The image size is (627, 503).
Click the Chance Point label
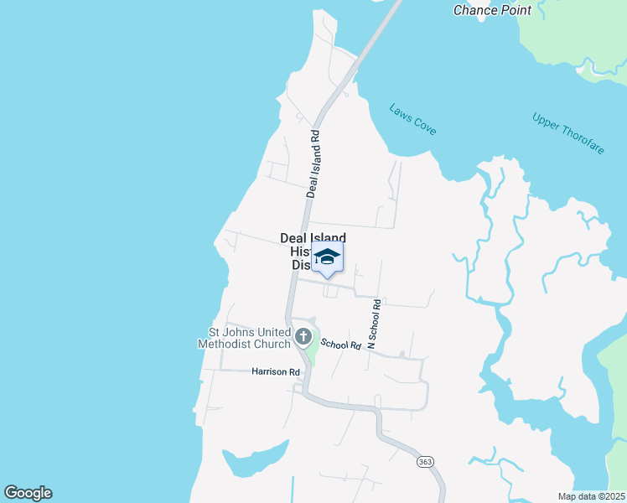coord(492,10)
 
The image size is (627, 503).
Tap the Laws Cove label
coord(412,119)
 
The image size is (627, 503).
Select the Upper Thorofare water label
coord(567,132)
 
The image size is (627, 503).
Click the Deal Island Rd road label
coord(313,163)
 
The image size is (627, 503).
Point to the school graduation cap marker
coord(327,257)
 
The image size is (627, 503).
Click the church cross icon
coord(303,338)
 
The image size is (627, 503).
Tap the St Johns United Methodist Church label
coord(244,338)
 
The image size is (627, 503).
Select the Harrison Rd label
coord(275,371)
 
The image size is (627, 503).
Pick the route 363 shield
coord(425,462)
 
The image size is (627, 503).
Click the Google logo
coord(28,493)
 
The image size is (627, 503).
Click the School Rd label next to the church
coord(340,344)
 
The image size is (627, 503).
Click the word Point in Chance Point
coord(515,10)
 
